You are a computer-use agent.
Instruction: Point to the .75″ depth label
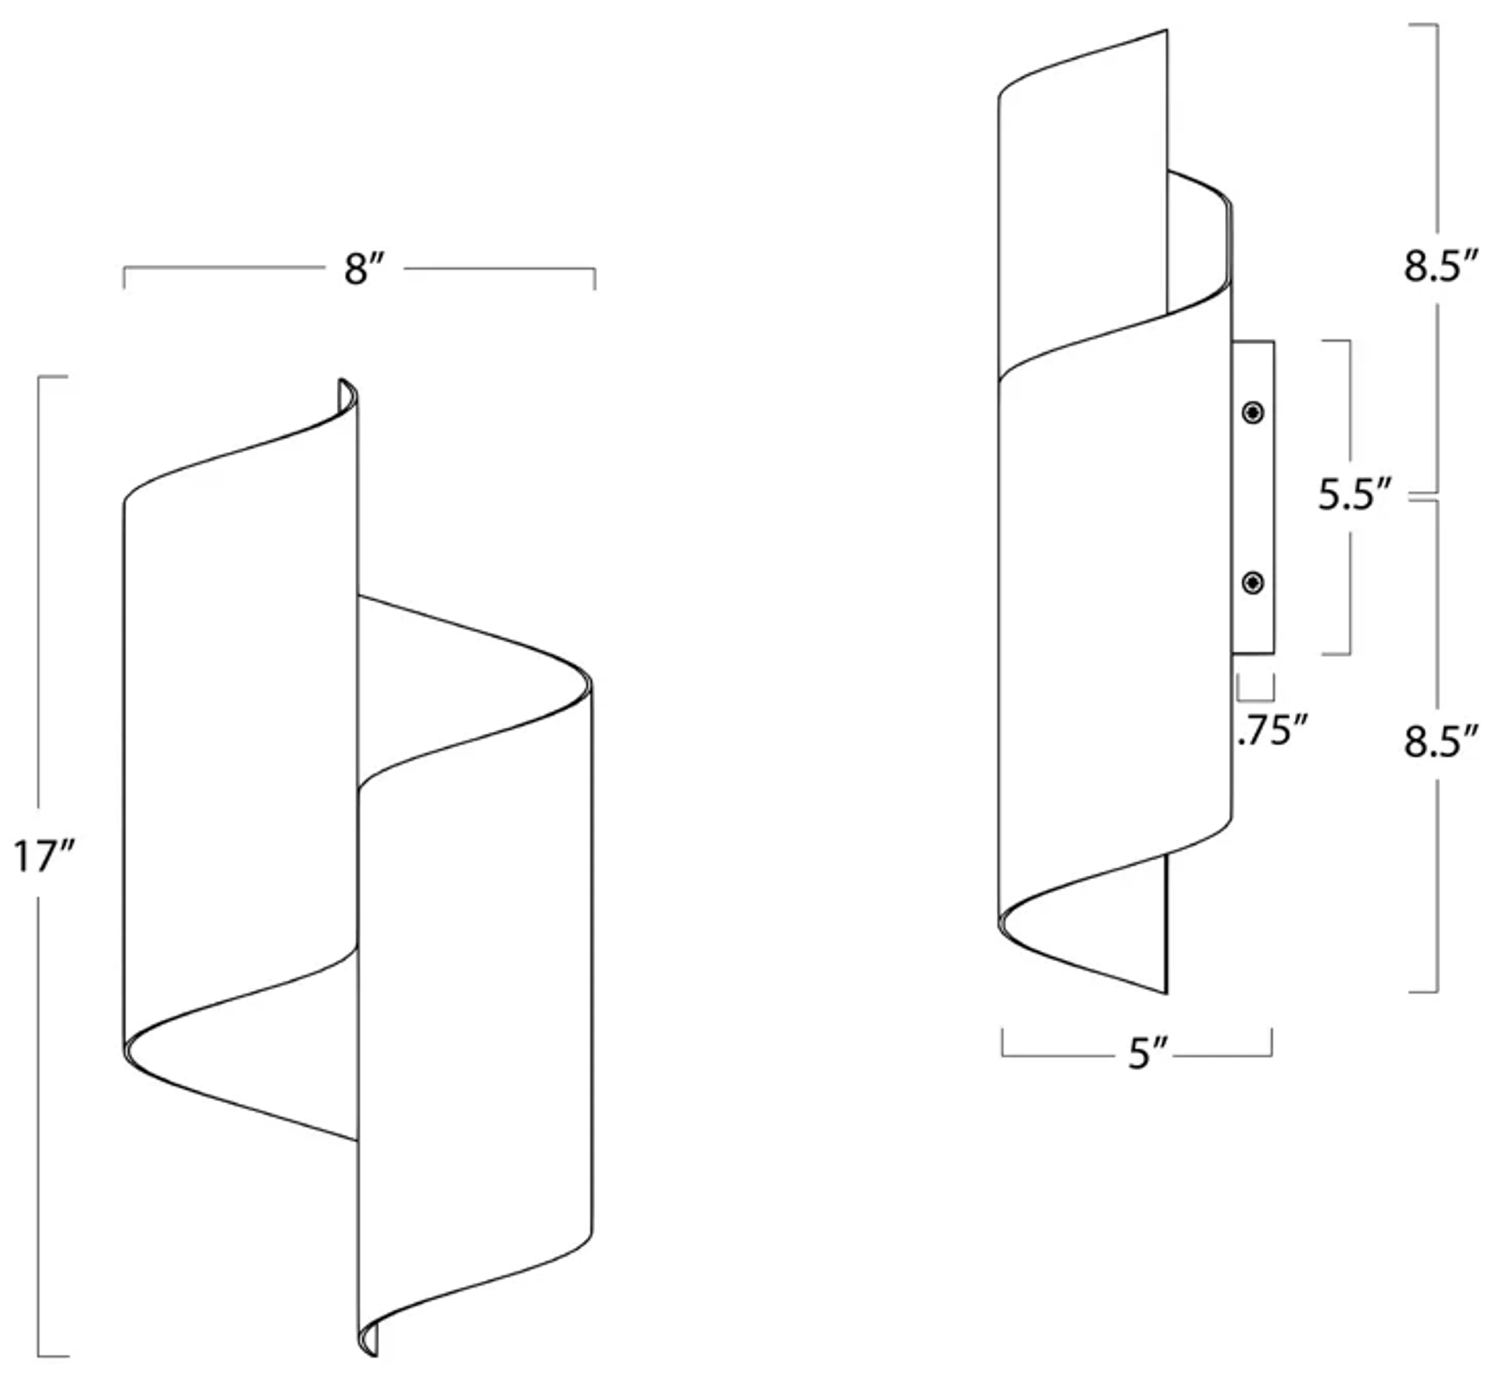pyautogui.click(x=1272, y=731)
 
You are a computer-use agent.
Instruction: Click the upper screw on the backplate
pyautogui.click(x=1253, y=412)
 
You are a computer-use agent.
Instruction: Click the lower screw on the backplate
pyautogui.click(x=1253, y=583)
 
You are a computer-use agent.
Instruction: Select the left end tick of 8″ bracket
pyautogui.click(x=124, y=278)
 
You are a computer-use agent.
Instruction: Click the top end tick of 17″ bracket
pyautogui.click(x=52, y=377)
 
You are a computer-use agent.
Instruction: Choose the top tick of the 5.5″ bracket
pyautogui.click(x=1337, y=341)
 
